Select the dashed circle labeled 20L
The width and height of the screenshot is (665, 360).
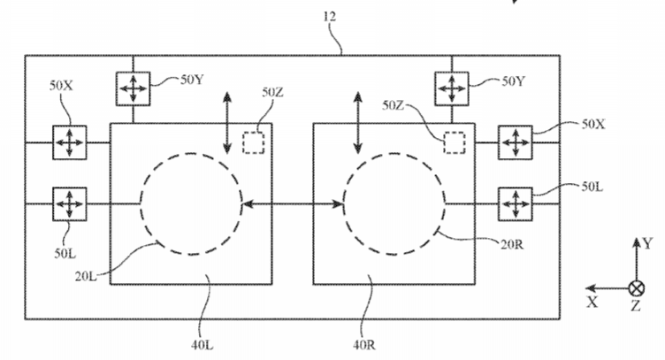click(191, 204)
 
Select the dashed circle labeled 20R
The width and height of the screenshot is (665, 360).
click(394, 204)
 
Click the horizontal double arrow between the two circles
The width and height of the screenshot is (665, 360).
click(293, 204)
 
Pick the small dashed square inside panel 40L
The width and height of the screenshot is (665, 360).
click(255, 142)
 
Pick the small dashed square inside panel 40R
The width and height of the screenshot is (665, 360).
click(455, 142)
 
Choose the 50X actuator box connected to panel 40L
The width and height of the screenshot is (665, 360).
click(67, 142)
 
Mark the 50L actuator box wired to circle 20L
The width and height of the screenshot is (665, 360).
click(67, 203)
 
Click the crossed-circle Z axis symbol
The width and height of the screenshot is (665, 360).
click(635, 287)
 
